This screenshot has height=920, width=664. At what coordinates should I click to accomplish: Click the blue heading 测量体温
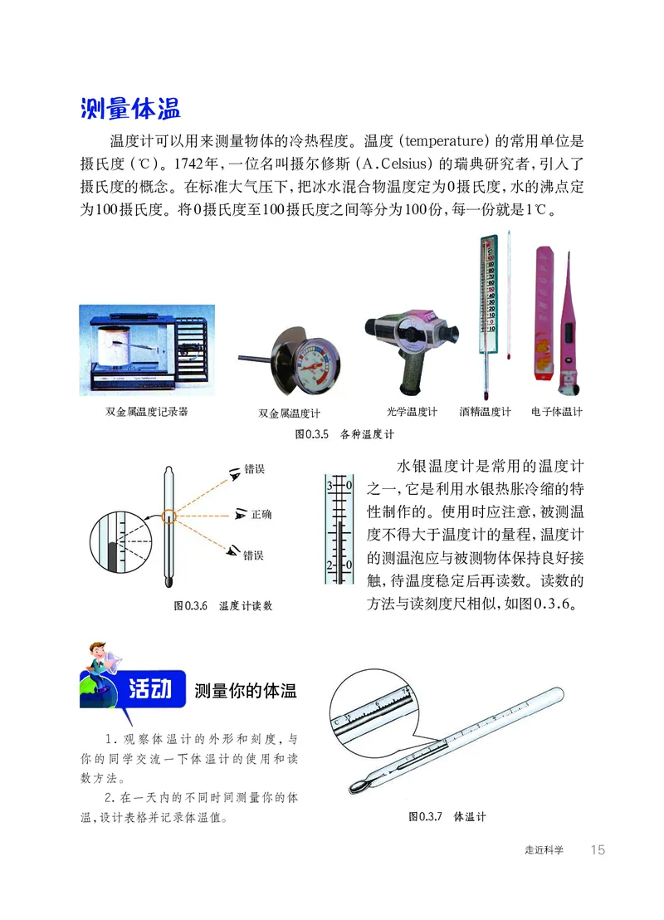click(130, 109)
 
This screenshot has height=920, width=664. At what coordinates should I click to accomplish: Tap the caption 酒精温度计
click(486, 412)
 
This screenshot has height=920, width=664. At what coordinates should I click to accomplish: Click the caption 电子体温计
click(557, 412)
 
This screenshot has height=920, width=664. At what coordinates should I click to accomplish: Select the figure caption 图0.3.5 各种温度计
click(344, 433)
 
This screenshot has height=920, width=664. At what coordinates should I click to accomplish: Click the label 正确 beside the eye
click(261, 515)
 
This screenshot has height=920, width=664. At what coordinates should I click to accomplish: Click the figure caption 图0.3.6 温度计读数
click(222, 606)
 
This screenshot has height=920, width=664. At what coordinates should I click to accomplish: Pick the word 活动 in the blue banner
click(152, 689)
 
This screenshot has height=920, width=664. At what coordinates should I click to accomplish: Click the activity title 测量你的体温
click(245, 690)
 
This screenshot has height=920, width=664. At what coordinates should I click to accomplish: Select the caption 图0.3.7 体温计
click(447, 817)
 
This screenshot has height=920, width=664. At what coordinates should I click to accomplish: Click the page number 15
click(598, 849)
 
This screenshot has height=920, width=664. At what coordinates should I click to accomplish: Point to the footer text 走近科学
click(544, 850)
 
